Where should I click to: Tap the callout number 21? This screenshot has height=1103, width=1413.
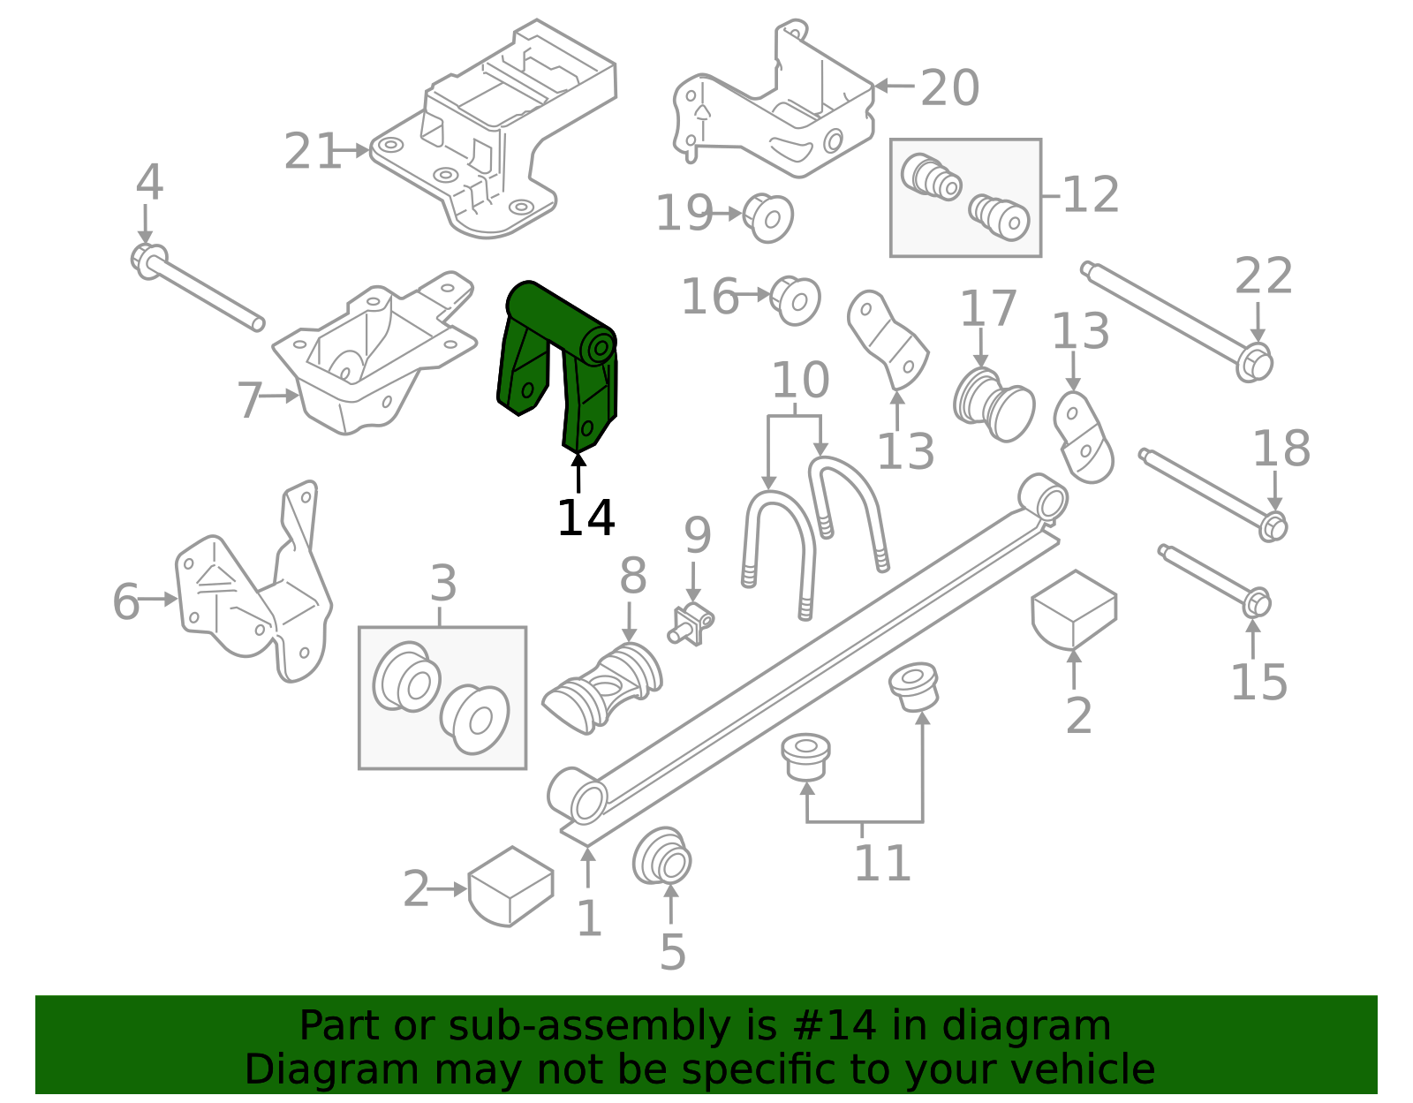pyautogui.click(x=311, y=152)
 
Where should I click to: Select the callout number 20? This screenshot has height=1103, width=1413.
pyautogui.click(x=949, y=88)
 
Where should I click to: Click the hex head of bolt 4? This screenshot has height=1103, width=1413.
pyautogui.click(x=147, y=259)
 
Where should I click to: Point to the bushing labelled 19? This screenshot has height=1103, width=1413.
pyautogui.click(x=768, y=217)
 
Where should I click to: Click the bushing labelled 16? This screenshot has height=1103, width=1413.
pyautogui.click(x=796, y=299)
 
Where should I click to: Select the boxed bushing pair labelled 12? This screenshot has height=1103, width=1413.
pyautogui.click(x=965, y=198)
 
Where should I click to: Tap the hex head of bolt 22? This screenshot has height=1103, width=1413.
pyautogui.click(x=1254, y=363)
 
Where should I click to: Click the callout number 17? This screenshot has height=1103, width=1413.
pyautogui.click(x=987, y=308)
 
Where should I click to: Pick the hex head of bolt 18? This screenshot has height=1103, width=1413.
pyautogui.click(x=1273, y=527)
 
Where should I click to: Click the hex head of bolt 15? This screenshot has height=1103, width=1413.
pyautogui.click(x=1256, y=604)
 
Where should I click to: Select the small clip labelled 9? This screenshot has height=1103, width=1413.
pyautogui.click(x=692, y=623)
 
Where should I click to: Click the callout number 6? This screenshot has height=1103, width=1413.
pyautogui.click(x=125, y=602)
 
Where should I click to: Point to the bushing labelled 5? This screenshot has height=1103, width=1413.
pyautogui.click(x=662, y=857)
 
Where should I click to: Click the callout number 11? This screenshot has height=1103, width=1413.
pyautogui.click(x=881, y=863)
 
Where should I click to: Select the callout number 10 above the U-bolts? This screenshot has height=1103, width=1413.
pyautogui.click(x=800, y=381)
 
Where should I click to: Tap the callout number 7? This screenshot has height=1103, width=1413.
pyautogui.click(x=249, y=400)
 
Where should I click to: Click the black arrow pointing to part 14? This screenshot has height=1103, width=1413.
pyautogui.click(x=578, y=472)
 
